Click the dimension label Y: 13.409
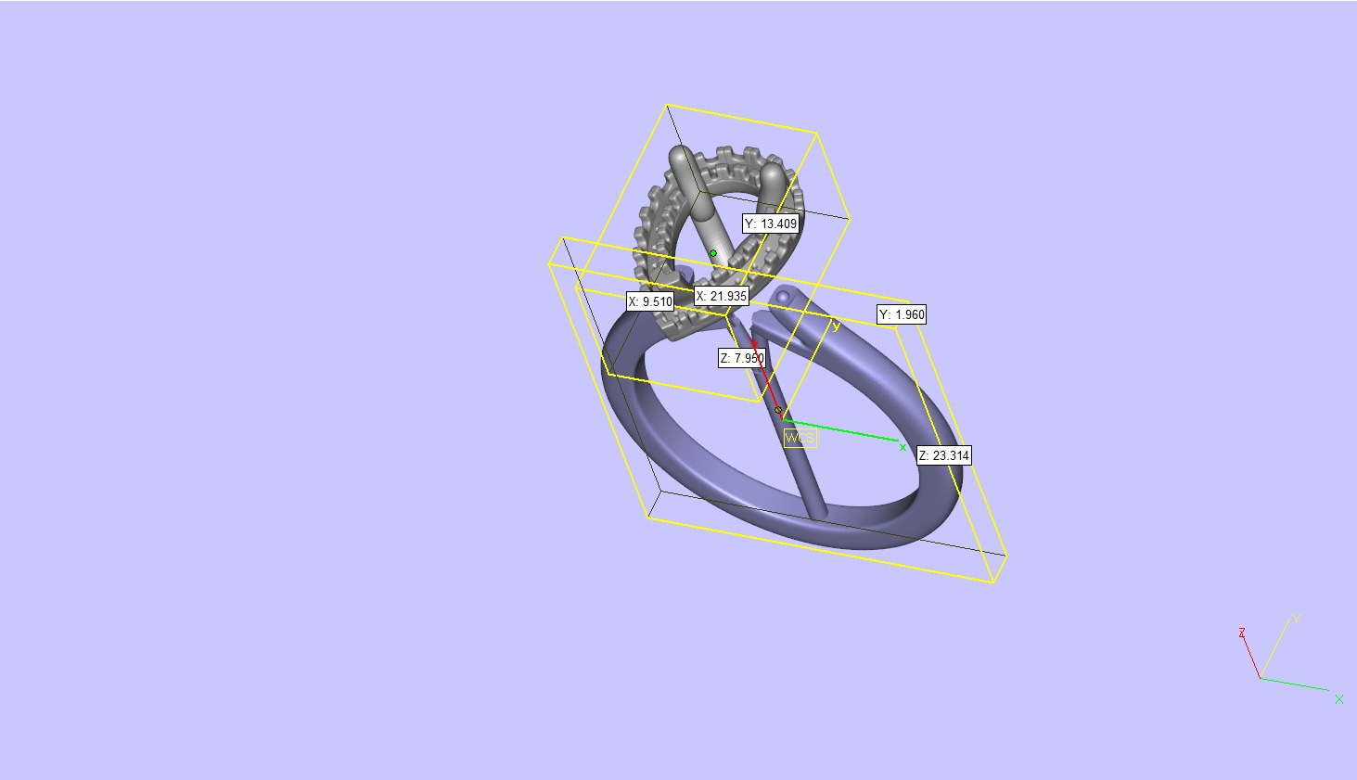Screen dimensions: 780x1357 click(x=771, y=224)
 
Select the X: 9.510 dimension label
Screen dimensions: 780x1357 click(x=650, y=301)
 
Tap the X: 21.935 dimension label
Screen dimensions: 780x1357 click(x=722, y=296)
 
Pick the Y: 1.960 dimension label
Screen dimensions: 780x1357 click(x=902, y=314)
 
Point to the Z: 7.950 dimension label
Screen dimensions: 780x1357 click(x=742, y=358)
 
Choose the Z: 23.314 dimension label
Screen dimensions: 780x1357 click(x=944, y=455)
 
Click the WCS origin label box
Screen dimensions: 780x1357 click(x=800, y=438)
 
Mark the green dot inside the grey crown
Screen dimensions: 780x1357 click(x=713, y=253)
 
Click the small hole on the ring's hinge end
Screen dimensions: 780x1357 click(x=784, y=298)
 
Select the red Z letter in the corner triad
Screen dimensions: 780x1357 click(x=1241, y=633)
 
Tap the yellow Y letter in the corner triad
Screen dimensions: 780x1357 click(x=1297, y=618)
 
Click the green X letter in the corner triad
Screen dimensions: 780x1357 click(x=1338, y=699)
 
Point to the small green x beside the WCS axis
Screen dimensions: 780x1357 click(x=903, y=447)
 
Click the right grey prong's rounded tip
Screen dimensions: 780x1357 click(x=774, y=174)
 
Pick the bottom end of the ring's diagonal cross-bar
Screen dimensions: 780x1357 click(x=818, y=513)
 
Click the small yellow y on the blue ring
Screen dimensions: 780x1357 click(x=836, y=326)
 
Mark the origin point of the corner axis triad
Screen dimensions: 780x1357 click(x=1261, y=678)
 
